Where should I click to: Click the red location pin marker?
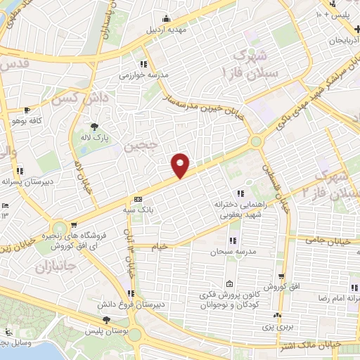coord(181,165)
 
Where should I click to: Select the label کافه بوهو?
coord(44,121)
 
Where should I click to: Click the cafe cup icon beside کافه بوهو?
coord(27,110)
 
